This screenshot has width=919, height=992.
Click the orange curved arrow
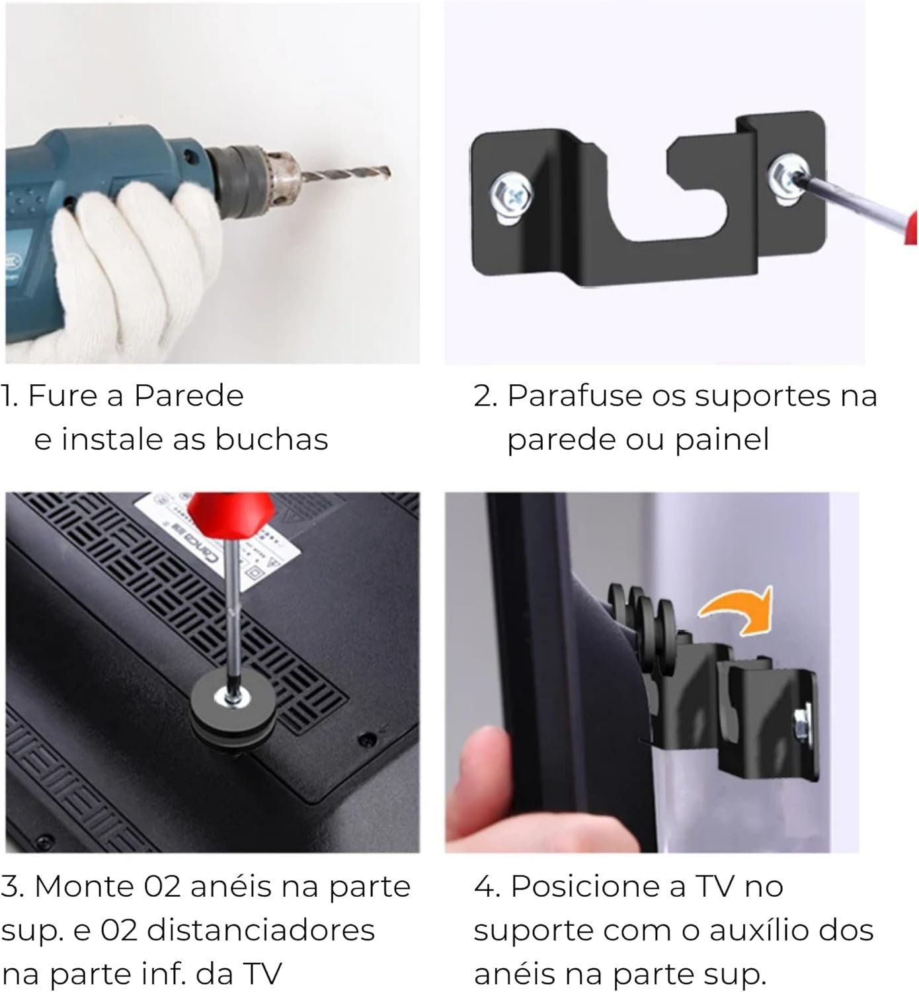point(739,611)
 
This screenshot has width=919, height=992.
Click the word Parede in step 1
point(189,397)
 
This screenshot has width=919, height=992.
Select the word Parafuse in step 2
point(575,397)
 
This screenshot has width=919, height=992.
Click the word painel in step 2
point(722,440)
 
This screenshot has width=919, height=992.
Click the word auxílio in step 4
point(768,930)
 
